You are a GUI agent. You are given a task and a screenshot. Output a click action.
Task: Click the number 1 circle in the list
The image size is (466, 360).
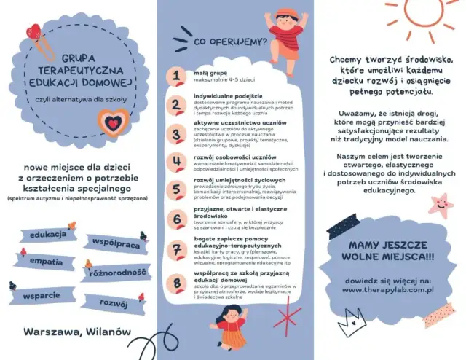pyautogui.click(x=175, y=76)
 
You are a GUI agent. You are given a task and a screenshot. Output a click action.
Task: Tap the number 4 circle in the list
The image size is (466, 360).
pyautogui.click(x=175, y=162)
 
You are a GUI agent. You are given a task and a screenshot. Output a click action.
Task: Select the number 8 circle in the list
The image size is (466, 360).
pyautogui.click(x=175, y=281)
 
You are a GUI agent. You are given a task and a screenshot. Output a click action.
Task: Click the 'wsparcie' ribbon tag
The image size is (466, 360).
pyautogui.click(x=41, y=295)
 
